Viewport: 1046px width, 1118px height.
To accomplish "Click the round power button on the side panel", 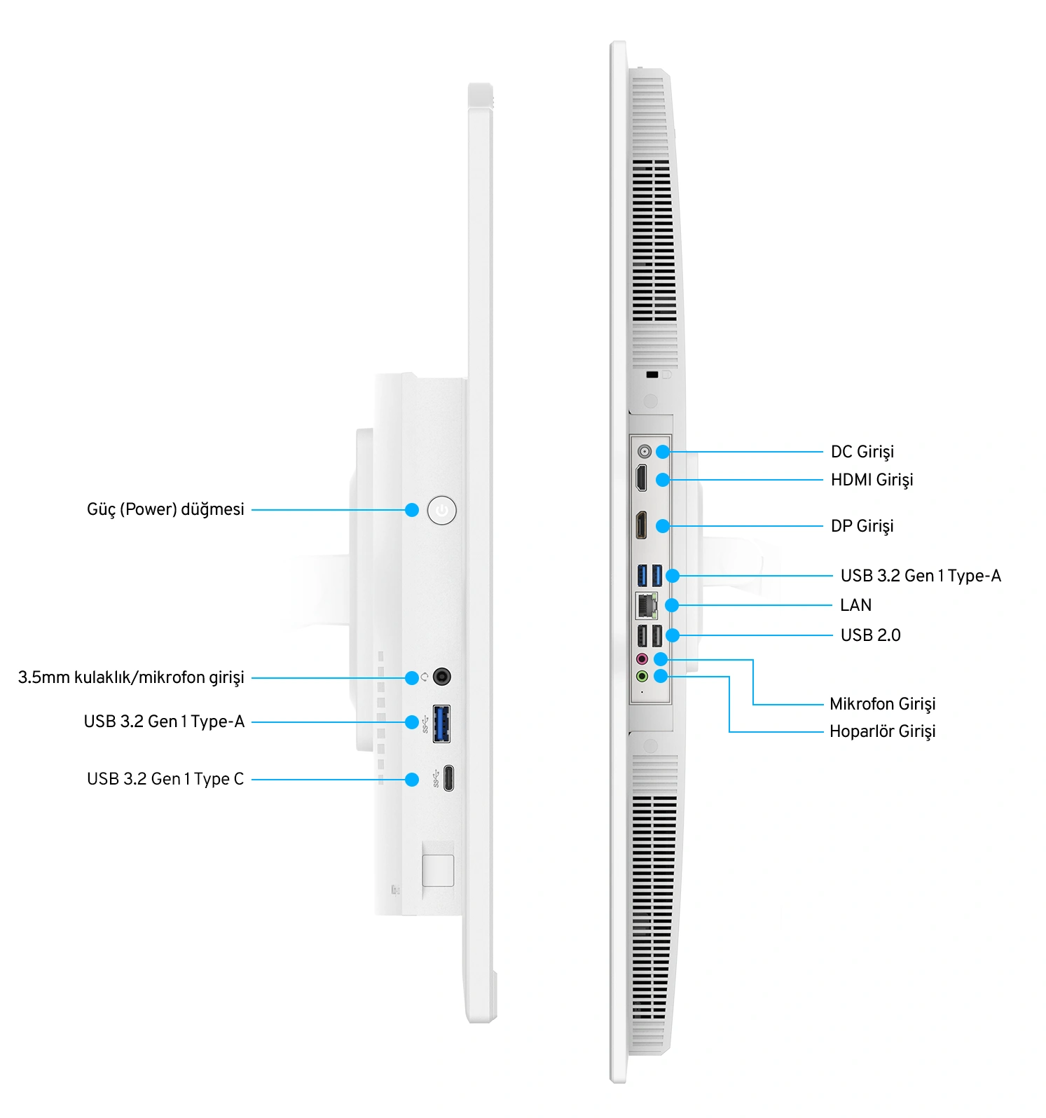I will tap(441, 510).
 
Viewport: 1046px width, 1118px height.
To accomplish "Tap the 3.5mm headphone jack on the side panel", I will tap(441, 677).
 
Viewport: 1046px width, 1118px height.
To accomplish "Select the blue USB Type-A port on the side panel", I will tap(441, 724).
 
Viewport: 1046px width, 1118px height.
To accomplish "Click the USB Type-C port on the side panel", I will tap(448, 778).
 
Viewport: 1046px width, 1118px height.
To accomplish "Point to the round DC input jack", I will tap(645, 451).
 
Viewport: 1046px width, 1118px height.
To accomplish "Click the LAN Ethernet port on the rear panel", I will tap(646, 605).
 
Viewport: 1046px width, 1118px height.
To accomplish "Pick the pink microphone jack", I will tap(642, 659).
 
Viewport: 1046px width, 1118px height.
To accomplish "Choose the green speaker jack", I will tap(642, 676).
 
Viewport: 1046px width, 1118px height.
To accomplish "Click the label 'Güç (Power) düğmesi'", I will tap(165, 509).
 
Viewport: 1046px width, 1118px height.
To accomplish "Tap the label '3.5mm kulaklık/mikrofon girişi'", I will tap(131, 677).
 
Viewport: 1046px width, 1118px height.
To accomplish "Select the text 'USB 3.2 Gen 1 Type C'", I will tap(165, 779).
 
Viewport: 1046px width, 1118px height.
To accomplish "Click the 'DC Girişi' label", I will tap(862, 452).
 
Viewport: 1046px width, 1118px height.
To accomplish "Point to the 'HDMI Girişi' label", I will tap(872, 480).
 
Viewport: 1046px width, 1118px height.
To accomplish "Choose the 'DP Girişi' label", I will tap(862, 526).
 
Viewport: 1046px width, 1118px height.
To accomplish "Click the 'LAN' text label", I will tap(855, 605).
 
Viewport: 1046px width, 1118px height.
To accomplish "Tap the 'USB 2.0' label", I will tap(870, 635).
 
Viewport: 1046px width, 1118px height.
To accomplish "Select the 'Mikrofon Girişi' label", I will tap(882, 704).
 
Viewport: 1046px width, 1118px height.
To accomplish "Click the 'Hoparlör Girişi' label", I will tap(882, 731).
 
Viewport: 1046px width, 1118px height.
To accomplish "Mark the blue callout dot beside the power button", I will tap(412, 510).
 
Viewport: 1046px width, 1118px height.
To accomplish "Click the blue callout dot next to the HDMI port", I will tap(663, 480).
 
